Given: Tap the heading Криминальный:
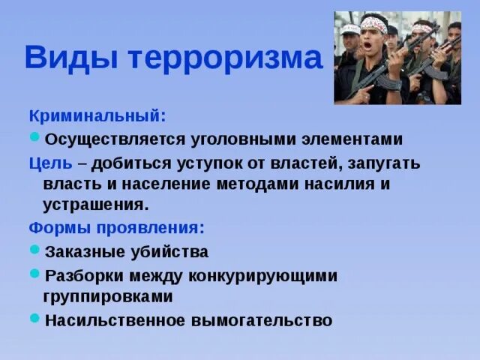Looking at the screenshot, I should (x=97, y=116).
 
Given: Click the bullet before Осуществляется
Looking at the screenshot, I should (x=34, y=137).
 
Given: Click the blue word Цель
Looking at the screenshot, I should (x=51, y=162).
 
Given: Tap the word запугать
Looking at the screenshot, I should (x=382, y=162).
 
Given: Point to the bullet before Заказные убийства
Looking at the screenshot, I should (x=34, y=250).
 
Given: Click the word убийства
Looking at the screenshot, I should (x=172, y=251).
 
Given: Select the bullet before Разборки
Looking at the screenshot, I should (x=34, y=274).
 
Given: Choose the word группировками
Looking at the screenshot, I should (x=109, y=296).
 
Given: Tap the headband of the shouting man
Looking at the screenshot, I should (x=373, y=25).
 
